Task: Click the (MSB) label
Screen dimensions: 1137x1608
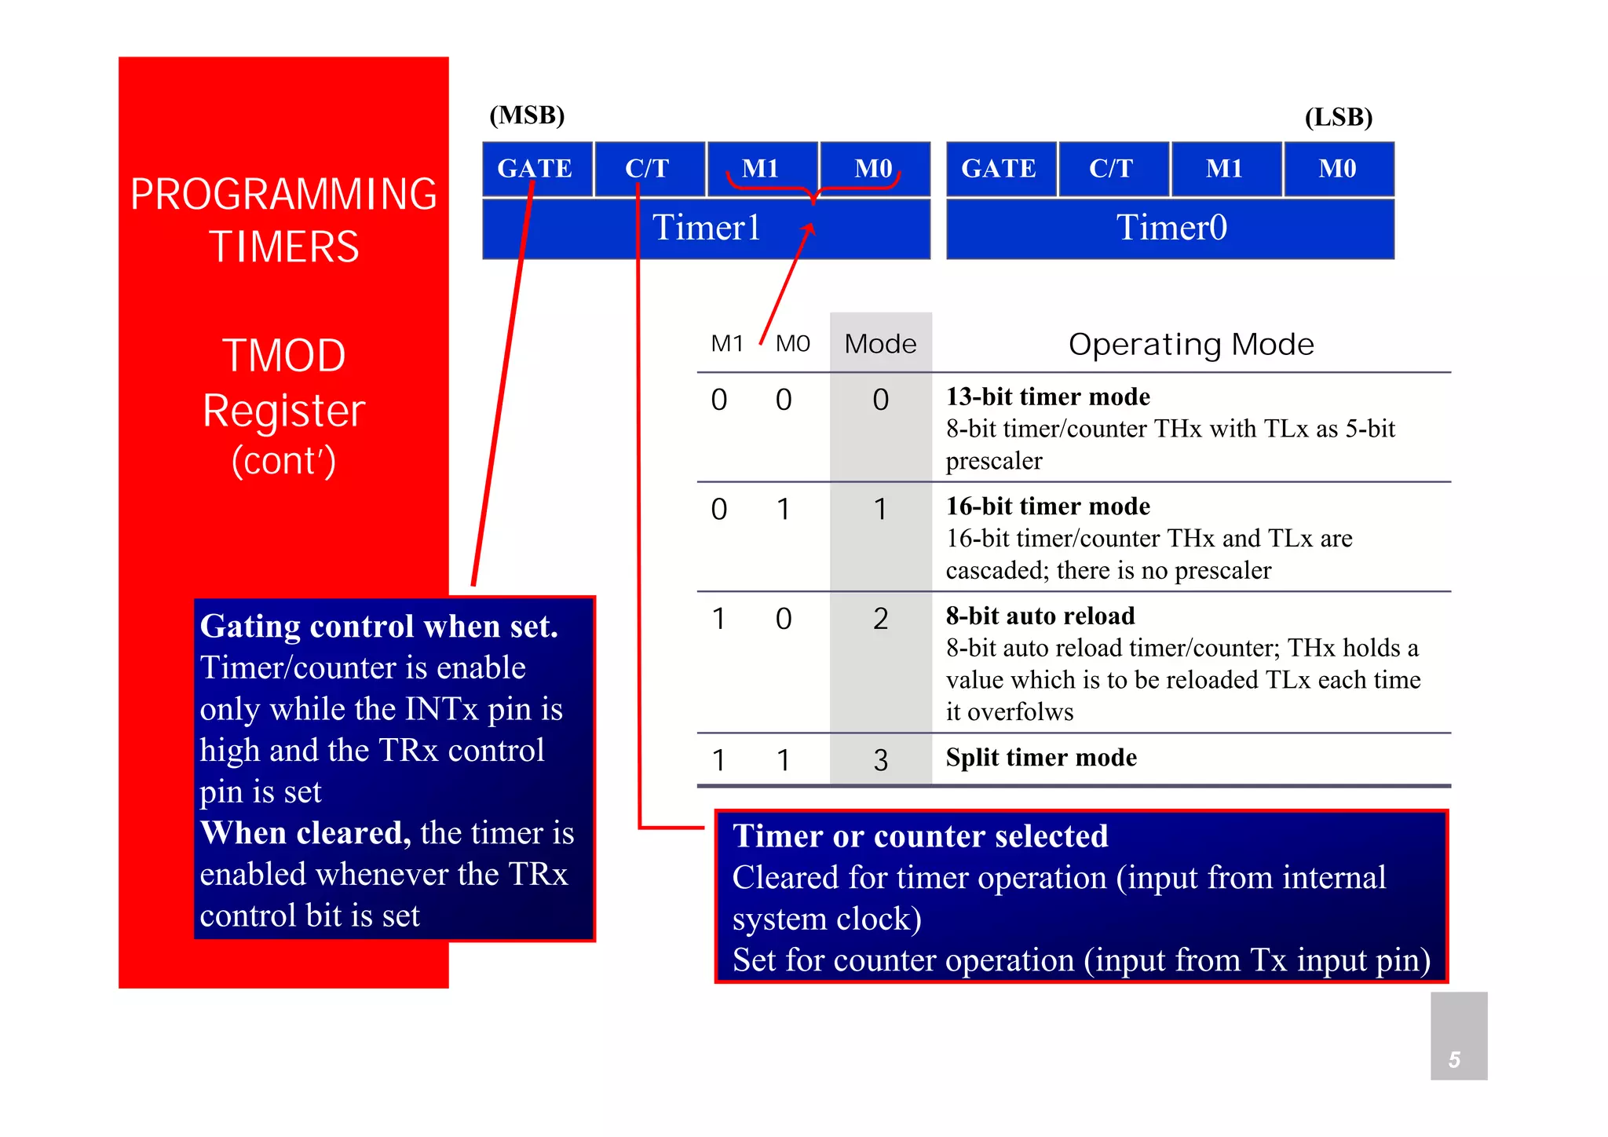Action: tap(527, 115)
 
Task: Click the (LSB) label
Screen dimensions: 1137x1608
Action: tap(1338, 117)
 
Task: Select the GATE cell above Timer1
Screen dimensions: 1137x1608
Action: tap(536, 168)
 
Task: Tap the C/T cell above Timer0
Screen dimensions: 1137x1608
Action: tap(1111, 168)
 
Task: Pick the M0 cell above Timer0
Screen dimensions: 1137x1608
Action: tap(1337, 168)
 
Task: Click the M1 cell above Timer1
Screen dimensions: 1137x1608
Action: tap(760, 168)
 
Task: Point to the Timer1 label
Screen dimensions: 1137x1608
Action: tap(706, 228)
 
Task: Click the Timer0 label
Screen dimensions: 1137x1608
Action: tap(1171, 228)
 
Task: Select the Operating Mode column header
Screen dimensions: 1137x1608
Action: tap(1190, 344)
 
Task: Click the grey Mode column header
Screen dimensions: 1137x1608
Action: tap(880, 344)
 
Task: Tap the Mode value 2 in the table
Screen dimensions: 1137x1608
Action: tap(880, 619)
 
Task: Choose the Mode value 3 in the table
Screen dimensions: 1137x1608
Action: tap(880, 759)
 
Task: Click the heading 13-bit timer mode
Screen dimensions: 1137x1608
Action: tap(1047, 397)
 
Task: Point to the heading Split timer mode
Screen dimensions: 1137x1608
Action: tap(1041, 757)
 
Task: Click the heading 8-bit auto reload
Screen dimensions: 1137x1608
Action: tap(1040, 616)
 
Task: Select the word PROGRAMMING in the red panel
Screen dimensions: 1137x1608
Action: tap(283, 194)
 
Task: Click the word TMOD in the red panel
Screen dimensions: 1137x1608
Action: tap(283, 356)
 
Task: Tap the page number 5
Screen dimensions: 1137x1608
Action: tap(1454, 1059)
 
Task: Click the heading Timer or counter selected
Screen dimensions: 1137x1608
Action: tap(920, 836)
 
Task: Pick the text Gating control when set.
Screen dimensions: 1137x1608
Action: tap(378, 627)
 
